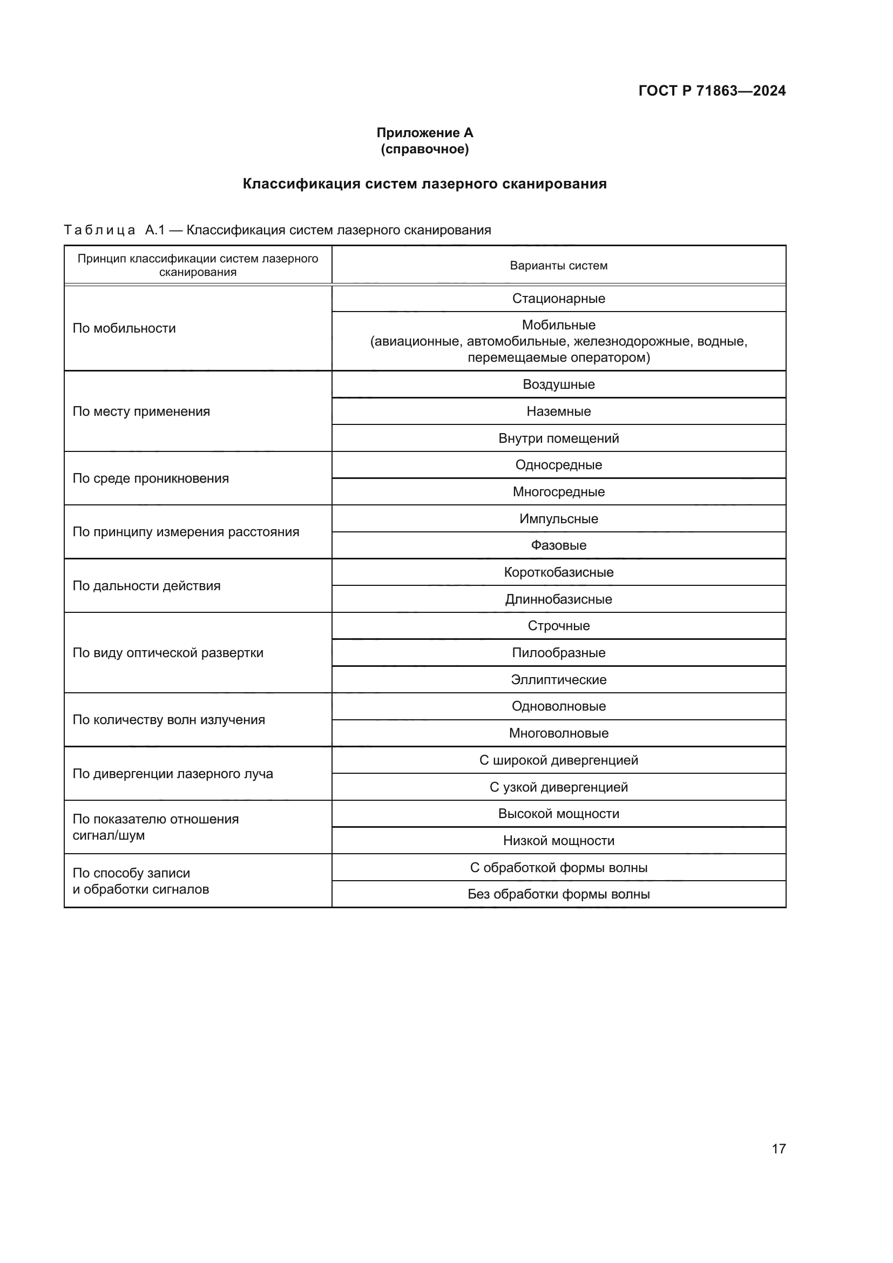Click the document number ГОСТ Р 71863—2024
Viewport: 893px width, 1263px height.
[x=712, y=91]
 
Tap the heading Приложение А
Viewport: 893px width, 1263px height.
[x=424, y=133]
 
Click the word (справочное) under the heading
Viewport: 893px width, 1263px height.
[x=424, y=149]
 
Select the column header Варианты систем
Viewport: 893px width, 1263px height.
[x=558, y=266]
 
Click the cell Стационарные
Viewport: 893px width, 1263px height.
[x=558, y=299]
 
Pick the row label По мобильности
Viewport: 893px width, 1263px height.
[x=124, y=328]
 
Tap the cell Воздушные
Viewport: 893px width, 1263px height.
[x=558, y=384]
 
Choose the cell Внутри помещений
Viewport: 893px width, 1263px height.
[x=558, y=438]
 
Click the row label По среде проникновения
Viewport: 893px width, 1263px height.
[x=151, y=478]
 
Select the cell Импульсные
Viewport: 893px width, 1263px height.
[x=558, y=519]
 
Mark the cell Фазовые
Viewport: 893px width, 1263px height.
[x=558, y=546]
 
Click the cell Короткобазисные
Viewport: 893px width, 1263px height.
[x=558, y=572]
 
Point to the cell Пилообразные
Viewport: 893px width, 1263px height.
[x=558, y=653]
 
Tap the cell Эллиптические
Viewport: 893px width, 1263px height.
[x=558, y=680]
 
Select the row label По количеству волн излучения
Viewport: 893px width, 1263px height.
[x=169, y=720]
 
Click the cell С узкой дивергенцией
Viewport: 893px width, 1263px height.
[x=558, y=787]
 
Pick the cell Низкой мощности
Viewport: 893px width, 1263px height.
[x=558, y=841]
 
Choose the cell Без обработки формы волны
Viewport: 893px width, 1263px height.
[x=558, y=894]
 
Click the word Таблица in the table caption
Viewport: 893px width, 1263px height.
[x=99, y=230]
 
